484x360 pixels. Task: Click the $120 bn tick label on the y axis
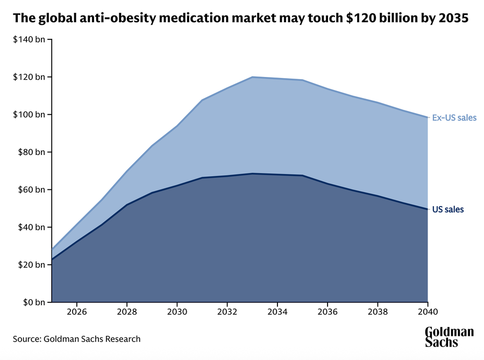point(28,77)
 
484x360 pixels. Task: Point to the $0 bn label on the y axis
point(32,302)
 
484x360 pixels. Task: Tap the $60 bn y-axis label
point(30,189)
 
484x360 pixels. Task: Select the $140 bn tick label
point(28,40)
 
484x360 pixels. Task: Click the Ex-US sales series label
point(454,117)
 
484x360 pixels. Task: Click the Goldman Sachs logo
point(449,337)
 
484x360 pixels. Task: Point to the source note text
point(77,339)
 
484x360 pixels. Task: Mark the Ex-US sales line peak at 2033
point(252,77)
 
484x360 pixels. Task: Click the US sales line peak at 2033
point(252,173)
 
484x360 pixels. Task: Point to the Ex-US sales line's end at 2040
point(427,117)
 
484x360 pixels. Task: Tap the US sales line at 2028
point(127,204)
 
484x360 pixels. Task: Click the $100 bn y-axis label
point(28,115)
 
